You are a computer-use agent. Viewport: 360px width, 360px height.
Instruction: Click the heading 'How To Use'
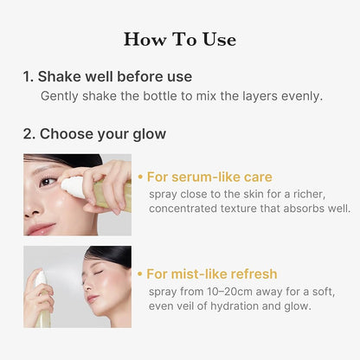coord(180,39)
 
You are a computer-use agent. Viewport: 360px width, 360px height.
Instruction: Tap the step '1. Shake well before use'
coord(107,77)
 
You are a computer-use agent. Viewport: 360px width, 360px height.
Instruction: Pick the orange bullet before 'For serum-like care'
coord(141,177)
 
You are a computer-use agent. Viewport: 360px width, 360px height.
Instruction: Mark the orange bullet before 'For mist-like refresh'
coord(141,273)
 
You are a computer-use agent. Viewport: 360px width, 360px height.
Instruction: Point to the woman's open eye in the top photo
coord(47,181)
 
